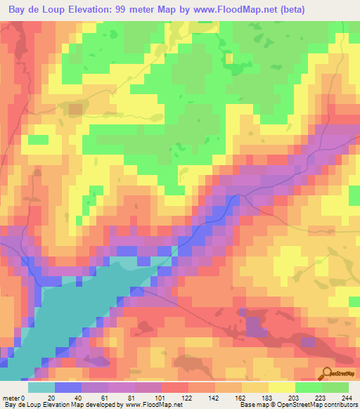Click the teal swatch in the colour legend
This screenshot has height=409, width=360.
click(41, 387)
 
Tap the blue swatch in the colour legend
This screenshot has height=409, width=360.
click(68, 387)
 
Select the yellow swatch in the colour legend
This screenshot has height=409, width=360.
click(282, 387)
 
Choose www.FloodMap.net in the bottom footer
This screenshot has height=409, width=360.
click(150, 405)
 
